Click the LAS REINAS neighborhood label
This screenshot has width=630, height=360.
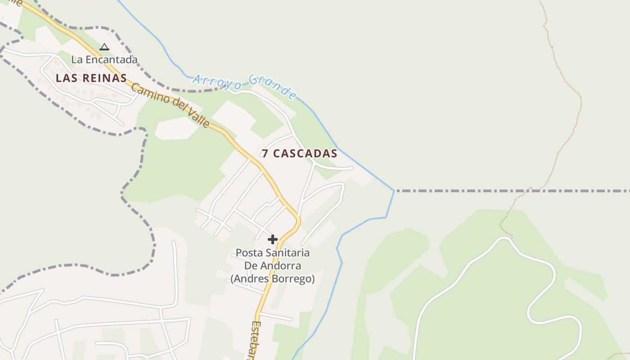coord(91,78)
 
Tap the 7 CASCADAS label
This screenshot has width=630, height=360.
coord(300,153)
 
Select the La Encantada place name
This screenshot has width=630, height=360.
coord(104,59)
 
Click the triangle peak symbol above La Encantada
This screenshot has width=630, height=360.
coord(104,47)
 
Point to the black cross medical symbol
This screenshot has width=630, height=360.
coord(273,239)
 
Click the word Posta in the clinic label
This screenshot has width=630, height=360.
coord(248,253)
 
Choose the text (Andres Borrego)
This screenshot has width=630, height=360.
coord(273,279)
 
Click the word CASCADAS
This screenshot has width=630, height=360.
coord(305,153)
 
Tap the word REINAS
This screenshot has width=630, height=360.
coord(104,78)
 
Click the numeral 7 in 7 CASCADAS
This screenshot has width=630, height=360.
coord(265,153)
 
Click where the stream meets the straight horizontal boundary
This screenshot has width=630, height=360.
coord(395,191)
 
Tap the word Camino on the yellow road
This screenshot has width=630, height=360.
coord(147,92)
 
